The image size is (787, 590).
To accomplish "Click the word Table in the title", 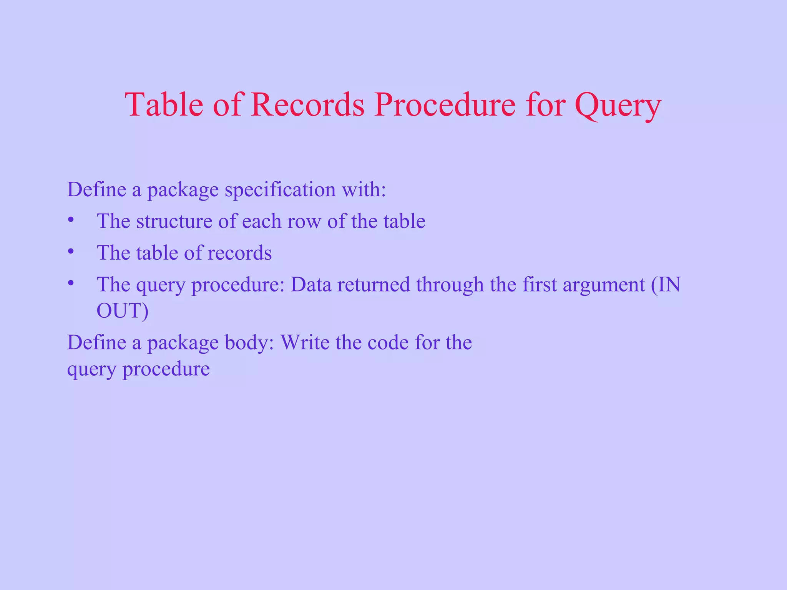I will point(164,104).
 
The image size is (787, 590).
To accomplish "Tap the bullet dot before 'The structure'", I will point(70,220).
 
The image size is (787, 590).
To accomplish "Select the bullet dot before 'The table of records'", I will point(70,252).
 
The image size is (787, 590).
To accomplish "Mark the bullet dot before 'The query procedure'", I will point(70,283).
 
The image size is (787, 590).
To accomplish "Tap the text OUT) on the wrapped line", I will point(122,311).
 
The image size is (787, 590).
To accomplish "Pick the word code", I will point(387,343).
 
